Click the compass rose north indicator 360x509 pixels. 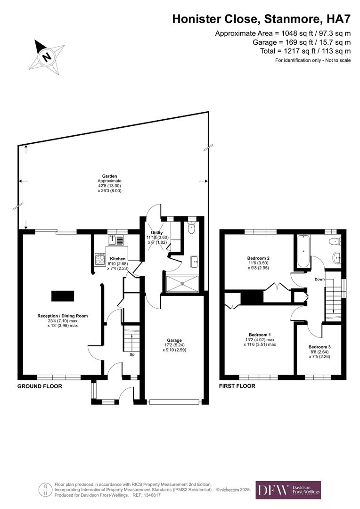46,57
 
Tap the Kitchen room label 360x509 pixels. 117,259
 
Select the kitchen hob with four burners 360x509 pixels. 100,260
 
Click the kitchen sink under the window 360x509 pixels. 116,240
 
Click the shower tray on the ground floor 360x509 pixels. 182,284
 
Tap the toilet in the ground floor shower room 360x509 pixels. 191,230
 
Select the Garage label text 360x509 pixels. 174,340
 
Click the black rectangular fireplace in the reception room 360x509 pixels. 63,296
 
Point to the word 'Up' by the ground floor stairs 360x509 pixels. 132,354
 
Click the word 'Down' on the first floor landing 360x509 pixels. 319,279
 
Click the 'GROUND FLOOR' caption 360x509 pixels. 40,386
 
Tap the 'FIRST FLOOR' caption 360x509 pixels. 237,386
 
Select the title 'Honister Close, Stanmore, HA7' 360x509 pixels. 261,19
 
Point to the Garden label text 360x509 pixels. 109,176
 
